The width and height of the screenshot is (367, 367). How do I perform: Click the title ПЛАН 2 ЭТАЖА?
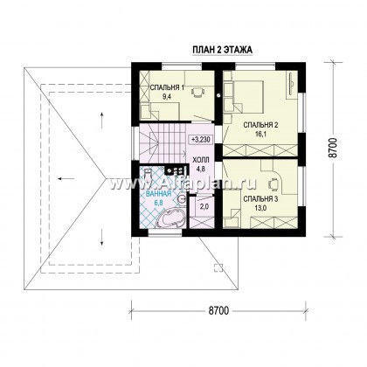222,50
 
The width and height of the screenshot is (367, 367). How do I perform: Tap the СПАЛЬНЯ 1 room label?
167,87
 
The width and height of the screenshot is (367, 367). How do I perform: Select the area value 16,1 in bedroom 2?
260,134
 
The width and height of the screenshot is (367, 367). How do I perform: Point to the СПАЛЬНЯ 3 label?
260,199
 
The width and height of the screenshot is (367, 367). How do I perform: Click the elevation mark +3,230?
202,140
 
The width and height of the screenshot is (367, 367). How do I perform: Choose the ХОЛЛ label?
201,160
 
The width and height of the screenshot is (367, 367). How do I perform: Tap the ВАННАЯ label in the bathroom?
159,194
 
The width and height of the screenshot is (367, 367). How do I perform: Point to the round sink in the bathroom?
182,199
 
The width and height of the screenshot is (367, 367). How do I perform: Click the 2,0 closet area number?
204,206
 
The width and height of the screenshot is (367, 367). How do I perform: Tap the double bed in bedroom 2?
248,96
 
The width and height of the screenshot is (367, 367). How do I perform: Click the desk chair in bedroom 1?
197,92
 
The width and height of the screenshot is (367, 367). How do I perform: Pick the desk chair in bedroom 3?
274,183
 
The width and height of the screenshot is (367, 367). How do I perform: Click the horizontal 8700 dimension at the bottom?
218,311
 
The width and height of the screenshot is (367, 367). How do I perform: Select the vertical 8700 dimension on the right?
334,149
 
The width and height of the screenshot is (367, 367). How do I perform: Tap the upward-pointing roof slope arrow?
102,120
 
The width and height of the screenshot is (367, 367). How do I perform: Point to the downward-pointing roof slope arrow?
102,237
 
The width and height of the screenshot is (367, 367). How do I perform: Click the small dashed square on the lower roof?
218,267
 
